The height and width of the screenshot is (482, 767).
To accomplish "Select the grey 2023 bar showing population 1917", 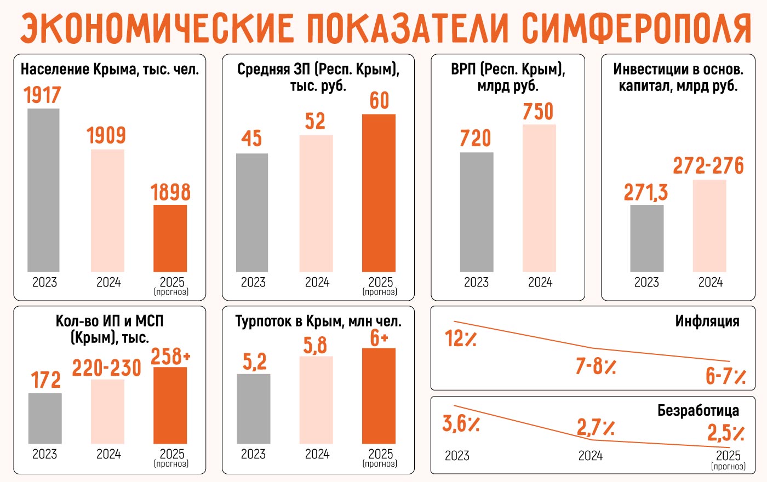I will click(44, 190).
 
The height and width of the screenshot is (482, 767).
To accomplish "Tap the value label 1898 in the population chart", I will click(170, 192).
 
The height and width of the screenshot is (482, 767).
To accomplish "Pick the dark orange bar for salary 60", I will click(379, 193).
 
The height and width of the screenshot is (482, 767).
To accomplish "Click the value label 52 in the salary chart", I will click(316, 121).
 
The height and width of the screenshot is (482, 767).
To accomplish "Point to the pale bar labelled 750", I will click(539, 198).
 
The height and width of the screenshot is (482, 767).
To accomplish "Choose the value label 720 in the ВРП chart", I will click(476, 138).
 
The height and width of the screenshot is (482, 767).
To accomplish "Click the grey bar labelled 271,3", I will click(646, 238).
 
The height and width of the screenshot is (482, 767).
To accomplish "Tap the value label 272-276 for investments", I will click(708, 165).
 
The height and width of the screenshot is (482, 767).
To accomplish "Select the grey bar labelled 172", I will click(45, 418).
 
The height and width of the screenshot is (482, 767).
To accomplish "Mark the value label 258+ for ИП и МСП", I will click(170, 356).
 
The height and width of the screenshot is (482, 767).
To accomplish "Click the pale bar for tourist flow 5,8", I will click(316, 400).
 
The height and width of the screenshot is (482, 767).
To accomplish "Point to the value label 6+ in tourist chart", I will click(379, 338).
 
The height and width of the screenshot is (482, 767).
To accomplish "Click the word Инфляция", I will click(707, 321).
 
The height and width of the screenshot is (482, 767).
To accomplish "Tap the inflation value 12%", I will click(460, 339).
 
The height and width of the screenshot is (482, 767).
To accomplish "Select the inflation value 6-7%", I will click(725, 376).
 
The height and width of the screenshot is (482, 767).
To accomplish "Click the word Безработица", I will click(698, 410).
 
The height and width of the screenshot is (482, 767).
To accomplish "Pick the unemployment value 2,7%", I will click(595, 427).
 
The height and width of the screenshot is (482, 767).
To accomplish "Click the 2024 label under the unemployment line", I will click(591, 456).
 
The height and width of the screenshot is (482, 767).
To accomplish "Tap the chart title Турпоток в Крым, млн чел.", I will click(318, 322).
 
